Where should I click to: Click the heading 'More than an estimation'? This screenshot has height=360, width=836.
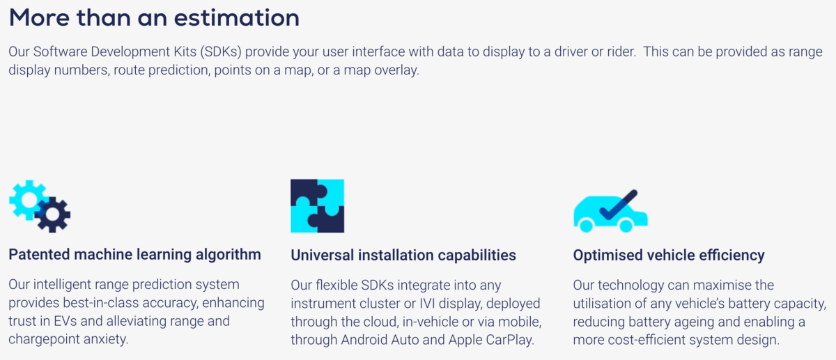coord(154,17)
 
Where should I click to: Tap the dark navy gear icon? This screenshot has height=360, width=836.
coord(53,214)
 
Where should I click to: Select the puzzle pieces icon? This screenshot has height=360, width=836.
coord(317,205)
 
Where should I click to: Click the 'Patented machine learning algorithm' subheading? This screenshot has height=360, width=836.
coord(134,255)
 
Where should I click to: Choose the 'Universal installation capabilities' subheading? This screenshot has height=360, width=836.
coord(403,256)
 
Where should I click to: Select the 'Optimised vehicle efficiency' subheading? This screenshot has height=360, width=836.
coord(669,256)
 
